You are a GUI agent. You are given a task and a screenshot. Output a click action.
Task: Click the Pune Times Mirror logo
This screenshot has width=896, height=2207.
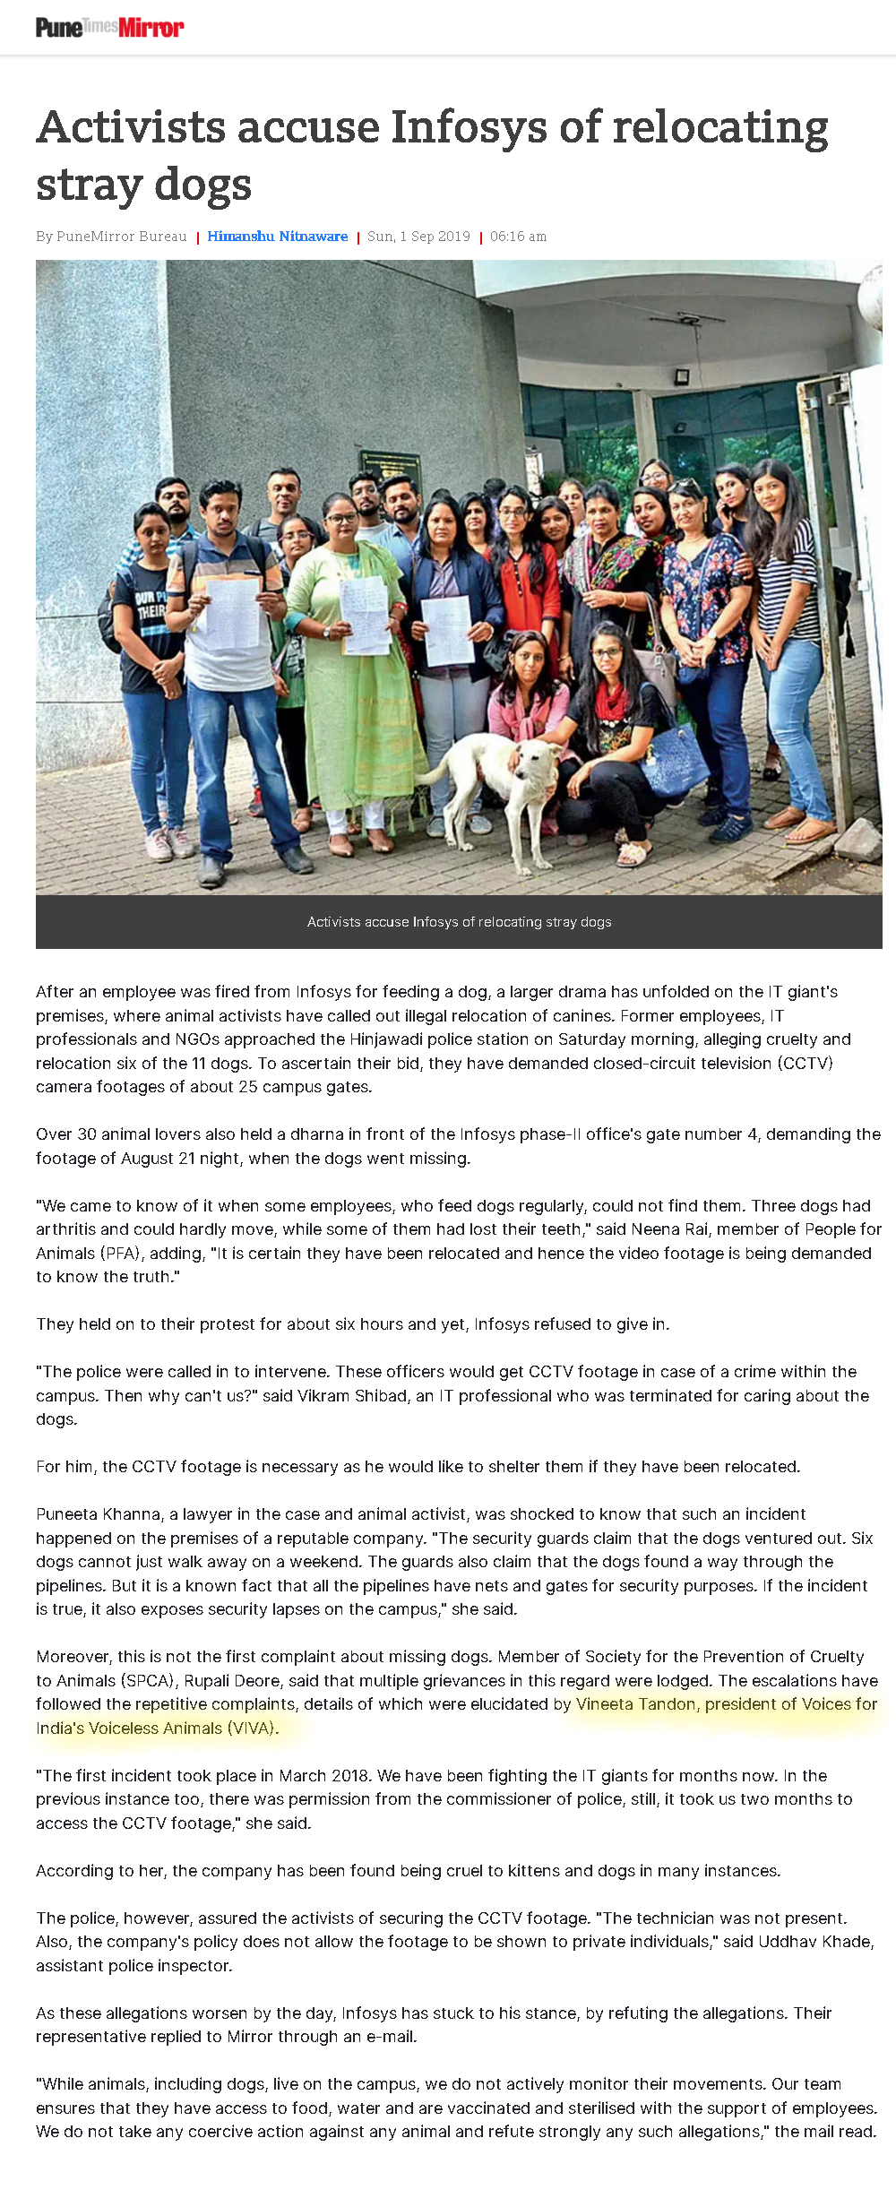coord(109,28)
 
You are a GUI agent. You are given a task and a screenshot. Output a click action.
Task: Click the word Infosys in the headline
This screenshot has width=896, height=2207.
coord(470,127)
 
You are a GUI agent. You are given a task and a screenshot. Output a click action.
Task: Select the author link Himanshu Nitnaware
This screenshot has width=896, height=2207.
coord(278,237)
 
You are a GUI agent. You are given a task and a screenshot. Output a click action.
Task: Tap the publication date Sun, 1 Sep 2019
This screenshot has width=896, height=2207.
coord(418,237)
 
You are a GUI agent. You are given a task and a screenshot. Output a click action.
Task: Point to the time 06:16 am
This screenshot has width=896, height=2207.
coord(518,237)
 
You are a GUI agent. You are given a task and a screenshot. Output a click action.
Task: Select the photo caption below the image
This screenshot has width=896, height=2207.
coord(459,922)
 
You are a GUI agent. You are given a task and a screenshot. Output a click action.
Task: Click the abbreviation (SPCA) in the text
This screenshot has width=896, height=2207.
coord(148,1681)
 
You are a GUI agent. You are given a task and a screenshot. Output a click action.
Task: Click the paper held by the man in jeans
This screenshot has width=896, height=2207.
coord(232,613)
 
